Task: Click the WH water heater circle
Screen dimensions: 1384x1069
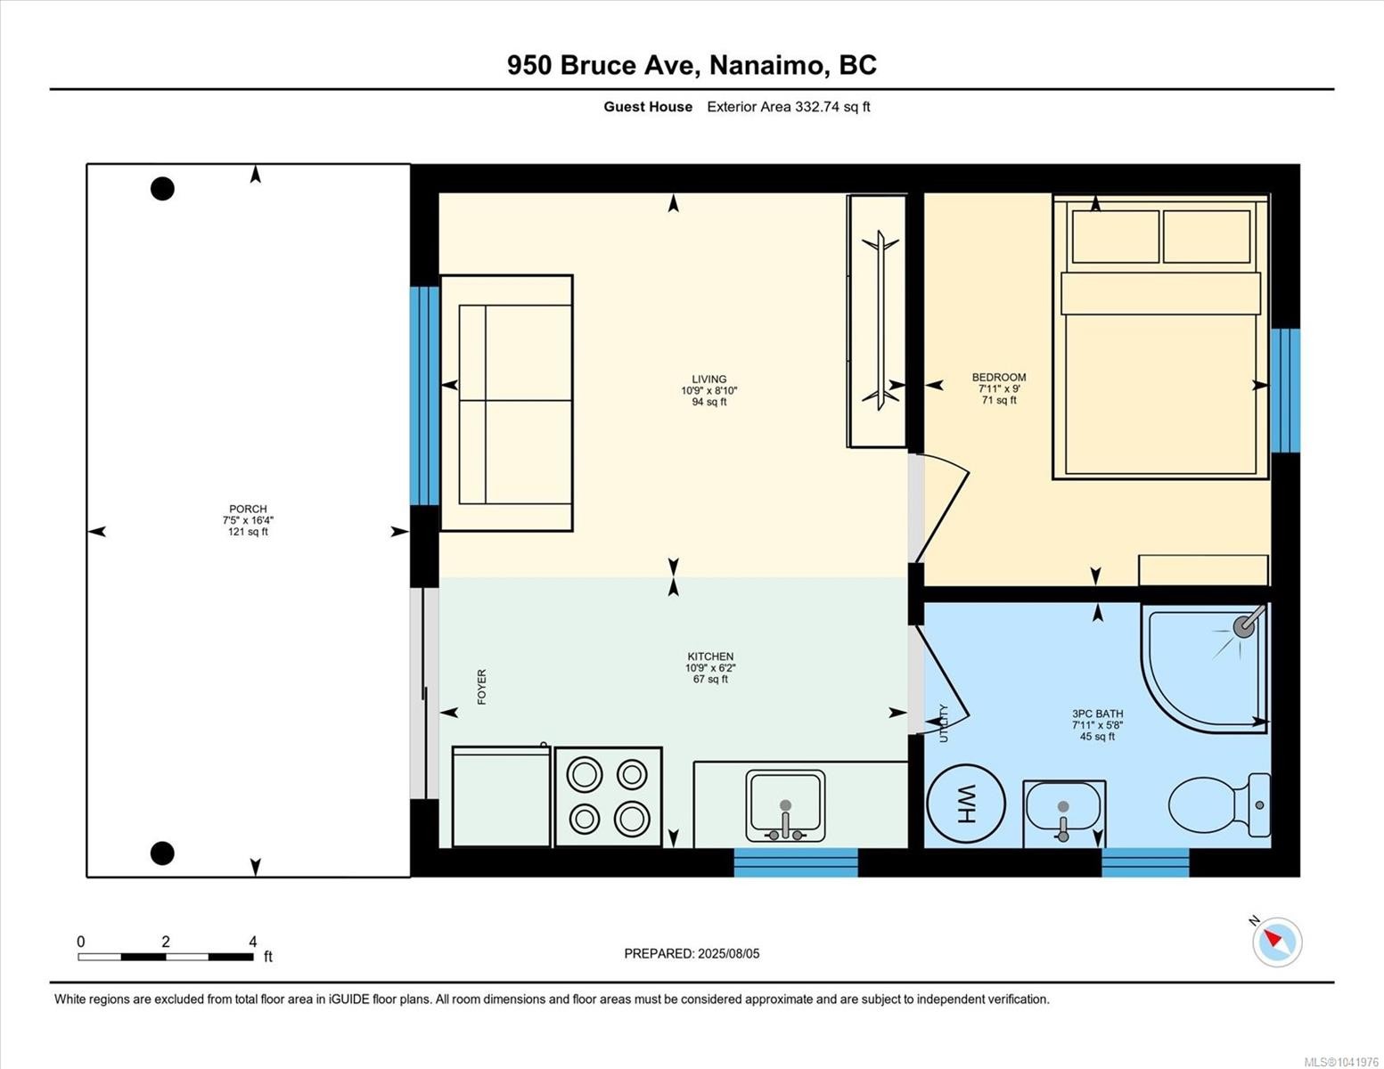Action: [x=965, y=804]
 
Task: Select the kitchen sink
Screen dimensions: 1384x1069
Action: [x=785, y=806]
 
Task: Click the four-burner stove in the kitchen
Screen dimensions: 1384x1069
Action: [x=609, y=796]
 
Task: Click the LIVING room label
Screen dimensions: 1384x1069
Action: [x=708, y=379]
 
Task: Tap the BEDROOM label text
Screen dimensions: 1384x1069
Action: [x=999, y=377]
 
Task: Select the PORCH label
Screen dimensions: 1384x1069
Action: [x=248, y=509]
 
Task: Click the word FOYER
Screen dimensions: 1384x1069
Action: [x=481, y=686]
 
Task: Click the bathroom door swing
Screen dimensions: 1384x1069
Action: [x=941, y=679]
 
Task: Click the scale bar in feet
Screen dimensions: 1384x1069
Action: [x=166, y=956]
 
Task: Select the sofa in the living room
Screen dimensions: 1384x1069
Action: [x=506, y=403]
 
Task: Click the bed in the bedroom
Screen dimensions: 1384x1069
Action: [x=1160, y=337]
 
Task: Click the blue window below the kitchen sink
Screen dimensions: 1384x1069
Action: [x=796, y=862]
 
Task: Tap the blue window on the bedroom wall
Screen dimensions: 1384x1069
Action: [x=1285, y=390]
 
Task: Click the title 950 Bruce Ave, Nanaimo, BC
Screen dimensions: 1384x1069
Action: [x=692, y=65]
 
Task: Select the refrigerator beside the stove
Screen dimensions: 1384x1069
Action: [x=501, y=796]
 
